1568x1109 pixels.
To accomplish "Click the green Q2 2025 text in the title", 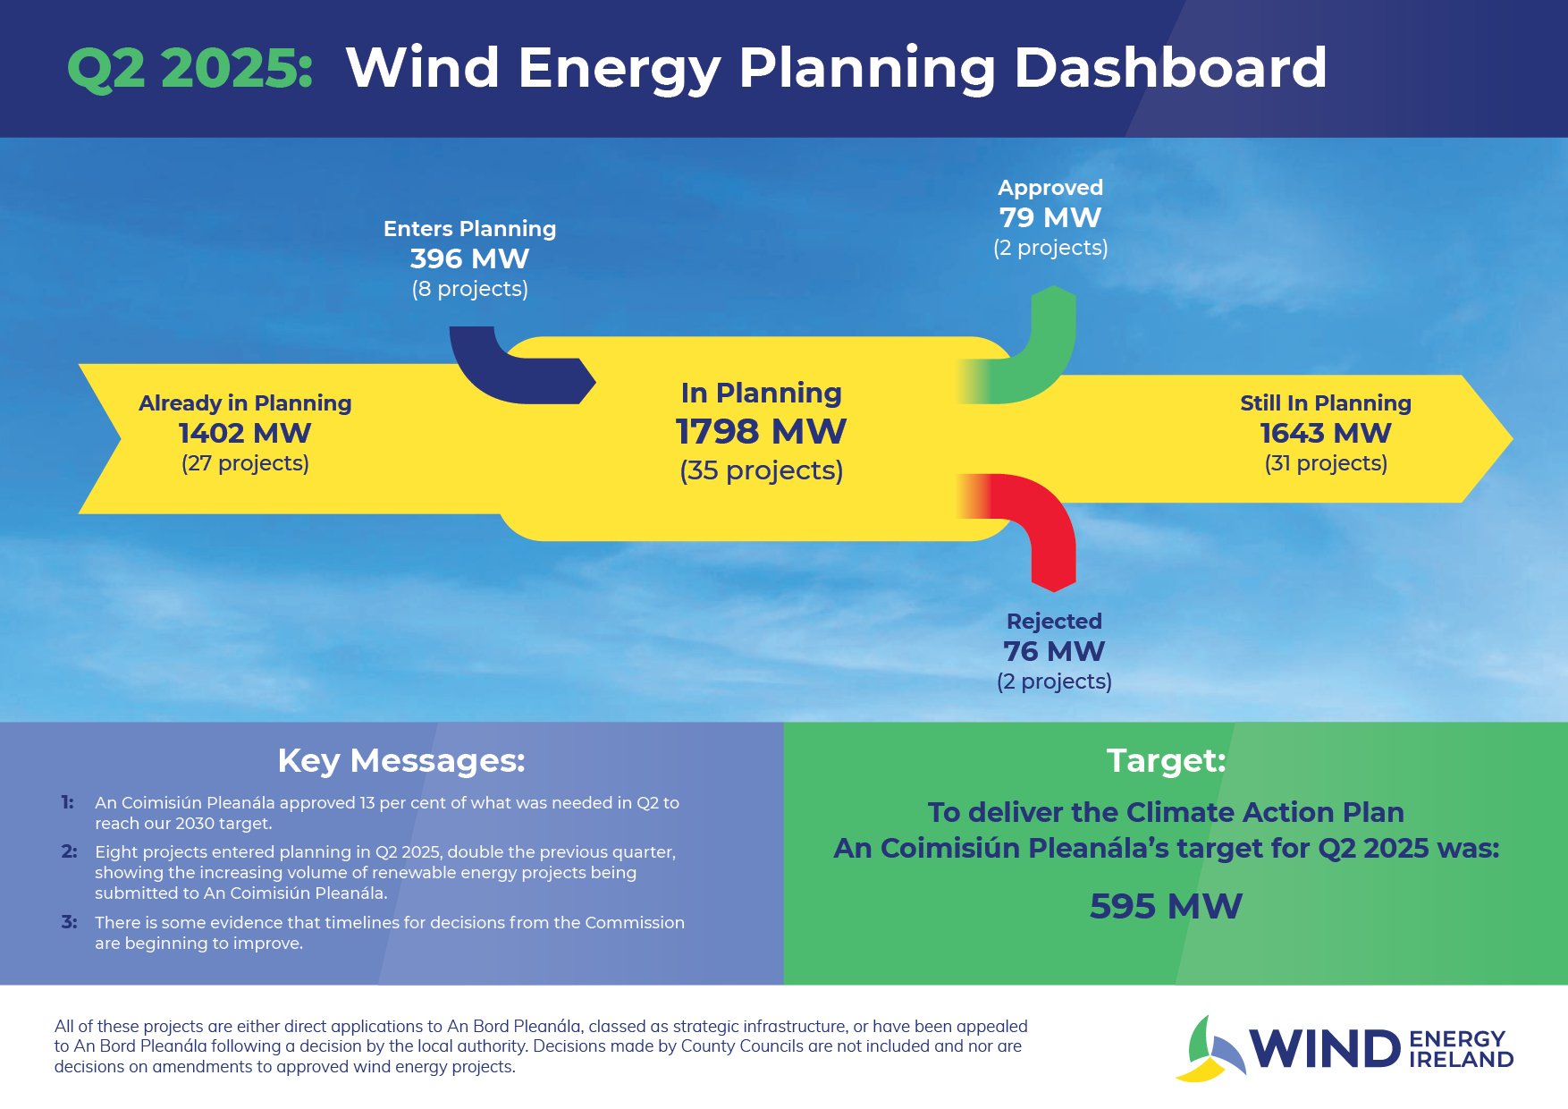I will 190,68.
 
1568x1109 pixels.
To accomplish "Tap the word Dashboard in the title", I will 1170,68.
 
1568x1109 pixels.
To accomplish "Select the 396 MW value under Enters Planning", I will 469,259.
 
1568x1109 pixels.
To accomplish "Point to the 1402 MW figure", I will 245,434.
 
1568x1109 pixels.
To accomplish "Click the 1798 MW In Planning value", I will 761,432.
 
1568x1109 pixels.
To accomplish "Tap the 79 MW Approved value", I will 1050,217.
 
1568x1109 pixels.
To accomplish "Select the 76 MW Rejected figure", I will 1054,651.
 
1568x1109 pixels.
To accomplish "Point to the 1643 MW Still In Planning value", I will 1326,434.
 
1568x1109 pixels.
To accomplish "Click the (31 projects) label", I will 1326,463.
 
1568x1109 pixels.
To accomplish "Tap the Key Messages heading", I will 401,761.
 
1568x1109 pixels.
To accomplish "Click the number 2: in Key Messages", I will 69,851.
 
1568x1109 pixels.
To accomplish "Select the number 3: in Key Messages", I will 69,922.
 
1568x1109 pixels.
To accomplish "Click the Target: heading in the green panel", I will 1166,761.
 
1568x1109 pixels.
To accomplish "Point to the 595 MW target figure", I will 1166,907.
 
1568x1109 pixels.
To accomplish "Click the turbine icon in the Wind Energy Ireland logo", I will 1209,1049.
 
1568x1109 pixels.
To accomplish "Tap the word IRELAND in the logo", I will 1461,1060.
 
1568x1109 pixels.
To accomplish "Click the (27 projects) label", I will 245,463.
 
